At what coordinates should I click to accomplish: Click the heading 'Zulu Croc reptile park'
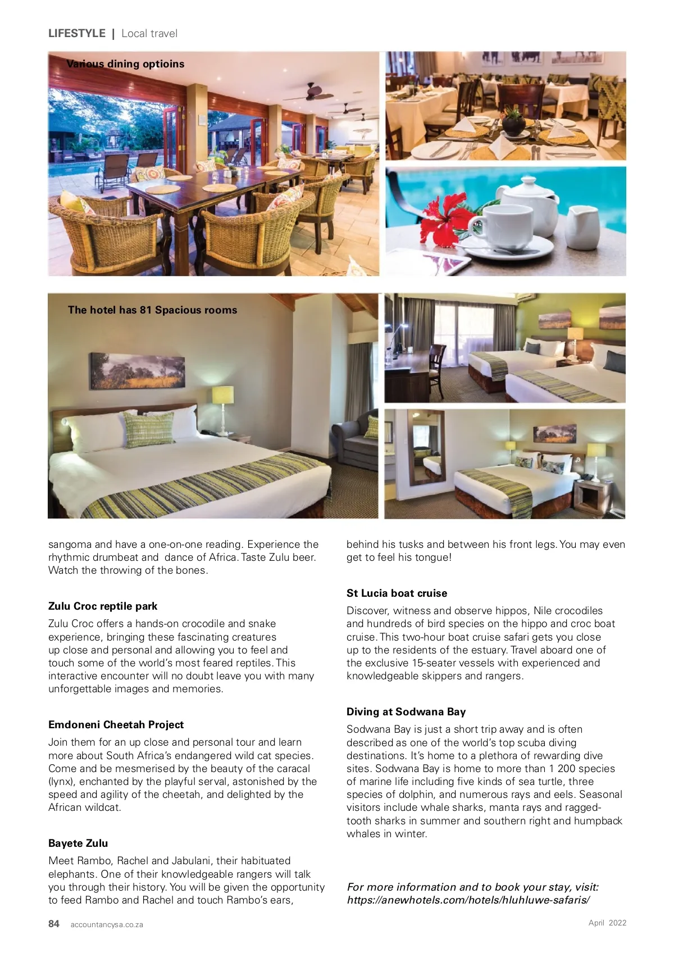[x=103, y=606]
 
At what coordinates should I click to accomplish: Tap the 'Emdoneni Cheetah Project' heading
[x=116, y=724]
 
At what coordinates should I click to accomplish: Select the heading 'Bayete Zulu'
[x=78, y=843]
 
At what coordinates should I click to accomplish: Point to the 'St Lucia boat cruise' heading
[x=397, y=593]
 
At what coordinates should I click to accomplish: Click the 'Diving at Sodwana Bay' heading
[x=406, y=711]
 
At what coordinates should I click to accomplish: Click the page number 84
[x=54, y=924]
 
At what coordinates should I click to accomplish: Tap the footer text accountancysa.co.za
[x=107, y=924]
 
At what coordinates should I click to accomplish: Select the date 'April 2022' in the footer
[x=607, y=923]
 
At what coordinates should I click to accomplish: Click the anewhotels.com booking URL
[x=468, y=900]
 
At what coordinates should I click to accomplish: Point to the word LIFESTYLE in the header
[x=77, y=33]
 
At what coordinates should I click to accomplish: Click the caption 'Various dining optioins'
[x=125, y=64]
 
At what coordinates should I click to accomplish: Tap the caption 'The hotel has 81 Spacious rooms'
[x=152, y=310]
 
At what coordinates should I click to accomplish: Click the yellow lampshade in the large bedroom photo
[x=223, y=394]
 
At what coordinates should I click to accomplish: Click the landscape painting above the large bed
[x=138, y=371]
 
